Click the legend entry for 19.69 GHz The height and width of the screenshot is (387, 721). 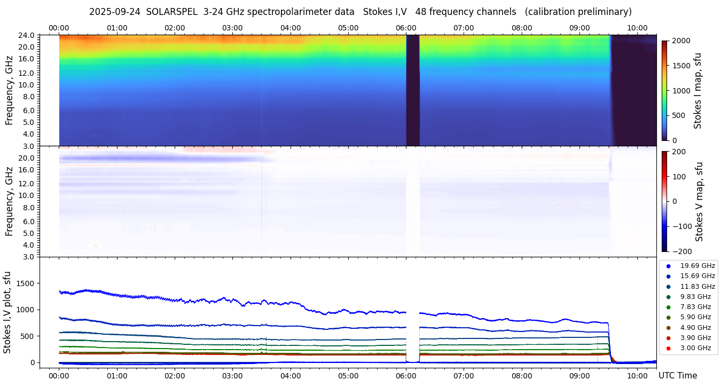[x=697, y=266]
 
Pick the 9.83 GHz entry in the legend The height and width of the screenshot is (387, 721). [x=695, y=297]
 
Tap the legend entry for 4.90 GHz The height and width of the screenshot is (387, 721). [x=695, y=328]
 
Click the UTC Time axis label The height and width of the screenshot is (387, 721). [x=677, y=376]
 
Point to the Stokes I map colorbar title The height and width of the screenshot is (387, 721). [x=698, y=91]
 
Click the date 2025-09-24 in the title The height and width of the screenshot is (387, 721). [x=115, y=12]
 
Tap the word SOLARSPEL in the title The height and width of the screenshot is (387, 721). [x=171, y=12]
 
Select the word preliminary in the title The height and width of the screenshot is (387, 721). [x=603, y=12]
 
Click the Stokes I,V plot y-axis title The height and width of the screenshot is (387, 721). [x=7, y=312]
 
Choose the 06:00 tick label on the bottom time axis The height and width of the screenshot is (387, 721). [x=406, y=376]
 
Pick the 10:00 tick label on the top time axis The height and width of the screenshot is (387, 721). [x=637, y=28]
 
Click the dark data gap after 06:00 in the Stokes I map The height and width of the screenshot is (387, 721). [x=413, y=91]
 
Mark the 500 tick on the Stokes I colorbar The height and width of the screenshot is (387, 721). [x=678, y=116]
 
